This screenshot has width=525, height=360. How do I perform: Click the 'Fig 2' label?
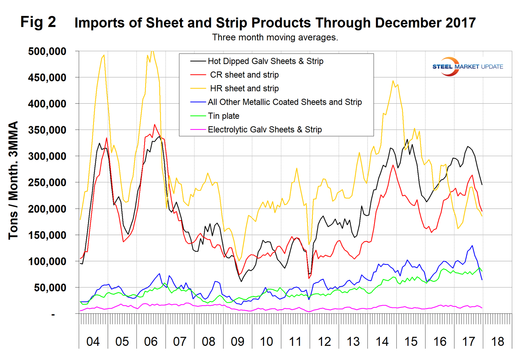[38, 22]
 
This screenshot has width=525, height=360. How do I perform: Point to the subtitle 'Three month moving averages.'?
[275, 37]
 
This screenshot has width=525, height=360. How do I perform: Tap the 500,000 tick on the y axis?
[47, 51]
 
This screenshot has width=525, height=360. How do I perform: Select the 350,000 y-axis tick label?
[47, 130]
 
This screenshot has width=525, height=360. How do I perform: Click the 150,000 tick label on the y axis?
[47, 235]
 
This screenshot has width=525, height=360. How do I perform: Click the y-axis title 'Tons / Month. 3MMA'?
[14, 180]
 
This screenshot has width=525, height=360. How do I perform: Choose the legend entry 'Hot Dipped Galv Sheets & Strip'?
[265, 61]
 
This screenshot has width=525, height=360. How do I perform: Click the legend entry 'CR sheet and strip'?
[244, 75]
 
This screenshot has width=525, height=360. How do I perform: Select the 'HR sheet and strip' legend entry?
[244, 89]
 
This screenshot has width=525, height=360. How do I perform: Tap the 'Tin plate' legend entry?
[223, 116]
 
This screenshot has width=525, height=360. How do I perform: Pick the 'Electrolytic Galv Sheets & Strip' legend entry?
[264, 130]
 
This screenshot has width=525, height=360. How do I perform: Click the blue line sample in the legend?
[198, 102]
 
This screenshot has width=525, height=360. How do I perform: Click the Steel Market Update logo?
[467, 67]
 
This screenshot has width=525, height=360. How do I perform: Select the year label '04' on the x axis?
[93, 341]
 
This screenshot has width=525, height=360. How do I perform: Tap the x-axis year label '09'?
[238, 341]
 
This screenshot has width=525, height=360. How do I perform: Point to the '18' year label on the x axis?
[498, 341]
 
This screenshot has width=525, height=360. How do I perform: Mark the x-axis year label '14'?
[382, 341]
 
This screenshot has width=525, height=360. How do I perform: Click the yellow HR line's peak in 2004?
[104, 55]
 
